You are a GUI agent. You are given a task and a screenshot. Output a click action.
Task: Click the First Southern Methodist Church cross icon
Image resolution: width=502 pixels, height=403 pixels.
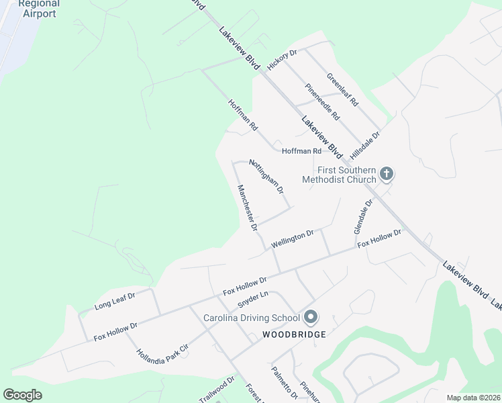pos(386,174)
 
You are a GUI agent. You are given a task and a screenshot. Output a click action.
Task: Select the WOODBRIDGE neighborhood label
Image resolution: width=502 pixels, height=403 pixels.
pos(294,334)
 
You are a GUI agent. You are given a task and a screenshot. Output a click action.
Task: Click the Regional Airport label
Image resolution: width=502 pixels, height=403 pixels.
pos(38,8)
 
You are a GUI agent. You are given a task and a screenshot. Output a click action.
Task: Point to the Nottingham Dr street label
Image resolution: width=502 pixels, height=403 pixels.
pos(266,177)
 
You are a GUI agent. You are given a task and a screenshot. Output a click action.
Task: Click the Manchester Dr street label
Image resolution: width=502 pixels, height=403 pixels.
pos(247,208)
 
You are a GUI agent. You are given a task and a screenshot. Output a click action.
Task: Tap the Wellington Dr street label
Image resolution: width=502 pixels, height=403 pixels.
pos(293,238)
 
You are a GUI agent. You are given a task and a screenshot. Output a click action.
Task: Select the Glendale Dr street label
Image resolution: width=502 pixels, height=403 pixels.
pos(362,216)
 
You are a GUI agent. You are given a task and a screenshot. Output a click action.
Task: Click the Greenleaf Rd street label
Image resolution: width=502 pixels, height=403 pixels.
pos(343,91)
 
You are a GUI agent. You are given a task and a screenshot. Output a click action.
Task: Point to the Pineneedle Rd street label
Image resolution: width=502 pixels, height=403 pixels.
pos(323,101)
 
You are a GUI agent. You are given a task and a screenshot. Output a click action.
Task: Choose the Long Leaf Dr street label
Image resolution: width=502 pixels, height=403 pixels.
pos(115,300)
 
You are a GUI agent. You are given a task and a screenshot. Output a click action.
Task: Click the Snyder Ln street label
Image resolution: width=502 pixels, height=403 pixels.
pos(253,299)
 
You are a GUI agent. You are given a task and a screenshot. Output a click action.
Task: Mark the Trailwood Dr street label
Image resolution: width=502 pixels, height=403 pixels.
pos(216,390)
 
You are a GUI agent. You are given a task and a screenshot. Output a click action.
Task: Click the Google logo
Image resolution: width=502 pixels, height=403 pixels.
pos(23,395)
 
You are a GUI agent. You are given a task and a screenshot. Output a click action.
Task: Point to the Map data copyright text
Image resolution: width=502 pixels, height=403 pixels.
pos(473,398)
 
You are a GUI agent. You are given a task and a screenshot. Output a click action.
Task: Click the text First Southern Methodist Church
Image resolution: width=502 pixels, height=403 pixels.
pos(339,175)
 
